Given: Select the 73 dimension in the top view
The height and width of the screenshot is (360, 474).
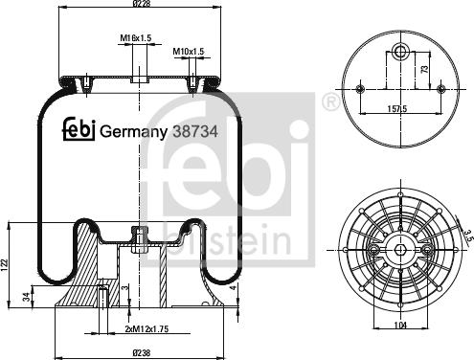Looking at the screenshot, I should [x=422, y=69].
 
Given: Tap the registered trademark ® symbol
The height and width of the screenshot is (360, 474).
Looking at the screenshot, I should [x=330, y=100].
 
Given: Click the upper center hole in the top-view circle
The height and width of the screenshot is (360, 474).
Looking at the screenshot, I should [x=400, y=51].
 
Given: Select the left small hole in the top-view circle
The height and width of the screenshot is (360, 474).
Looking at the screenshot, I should [x=360, y=89].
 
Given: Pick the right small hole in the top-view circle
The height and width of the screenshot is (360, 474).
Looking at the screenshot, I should [x=440, y=89].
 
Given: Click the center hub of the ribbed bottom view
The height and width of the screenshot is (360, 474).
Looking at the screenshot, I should [x=398, y=250].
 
